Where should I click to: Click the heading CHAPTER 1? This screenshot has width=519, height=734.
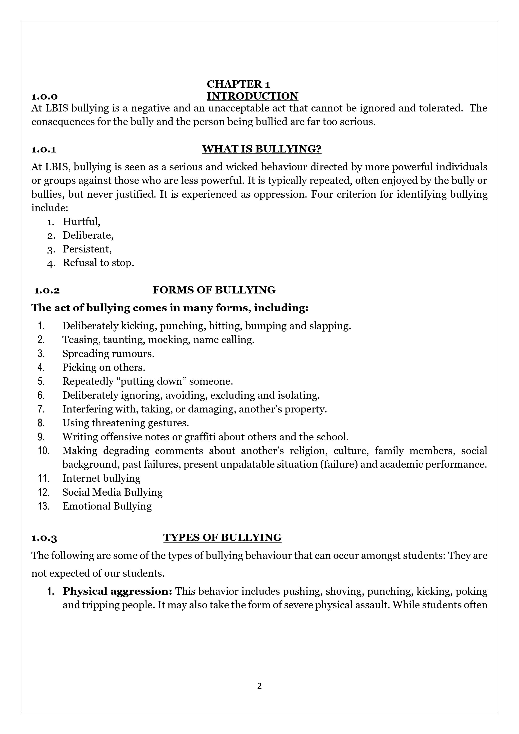pyautogui.click(x=238, y=84)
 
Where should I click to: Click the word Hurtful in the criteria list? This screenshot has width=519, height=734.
pyautogui.click(x=81, y=221)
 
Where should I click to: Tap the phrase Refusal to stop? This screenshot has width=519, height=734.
pyautogui.click(x=98, y=263)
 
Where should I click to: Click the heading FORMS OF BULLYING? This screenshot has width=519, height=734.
pyautogui.click(x=214, y=290)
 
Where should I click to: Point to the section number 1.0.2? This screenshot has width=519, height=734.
pyautogui.click(x=47, y=291)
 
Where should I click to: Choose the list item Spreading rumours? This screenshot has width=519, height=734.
pyautogui.click(x=108, y=354)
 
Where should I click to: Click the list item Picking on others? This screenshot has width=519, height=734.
pyautogui.click(x=104, y=367)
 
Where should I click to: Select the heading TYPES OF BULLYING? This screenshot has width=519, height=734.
pyautogui.click(x=222, y=537)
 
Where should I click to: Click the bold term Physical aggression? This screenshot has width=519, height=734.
pyautogui.click(x=117, y=591)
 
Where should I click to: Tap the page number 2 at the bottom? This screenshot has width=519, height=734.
pyautogui.click(x=259, y=686)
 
